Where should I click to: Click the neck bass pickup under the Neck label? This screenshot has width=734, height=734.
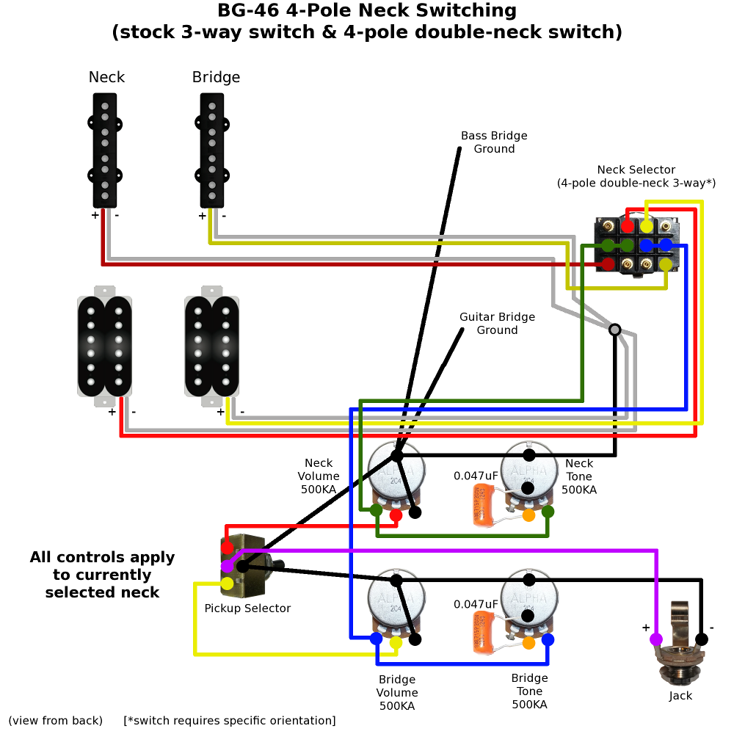[105, 150]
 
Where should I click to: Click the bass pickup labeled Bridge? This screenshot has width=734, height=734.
[211, 150]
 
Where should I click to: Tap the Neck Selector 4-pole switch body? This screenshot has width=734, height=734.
[636, 246]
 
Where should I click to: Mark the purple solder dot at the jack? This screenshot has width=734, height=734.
[655, 639]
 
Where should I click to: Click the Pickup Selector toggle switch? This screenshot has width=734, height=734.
[241, 565]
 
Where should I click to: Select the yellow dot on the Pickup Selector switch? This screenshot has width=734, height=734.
[228, 584]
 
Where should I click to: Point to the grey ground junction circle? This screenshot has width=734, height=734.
[615, 330]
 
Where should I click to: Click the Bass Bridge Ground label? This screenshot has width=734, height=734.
[494, 142]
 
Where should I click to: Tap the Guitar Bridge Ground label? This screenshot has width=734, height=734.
[497, 324]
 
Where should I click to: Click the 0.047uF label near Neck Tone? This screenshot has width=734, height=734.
[476, 476]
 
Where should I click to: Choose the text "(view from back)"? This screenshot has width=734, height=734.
[56, 721]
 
